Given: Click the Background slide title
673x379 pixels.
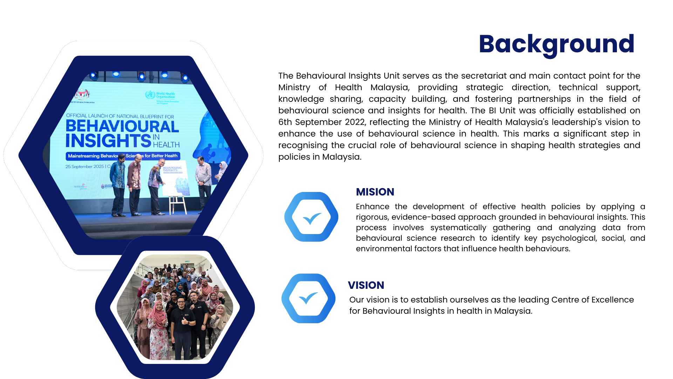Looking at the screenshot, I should click(556, 44).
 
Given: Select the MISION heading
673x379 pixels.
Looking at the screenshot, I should click(375, 192).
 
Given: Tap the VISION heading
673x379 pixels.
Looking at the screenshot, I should click(366, 285).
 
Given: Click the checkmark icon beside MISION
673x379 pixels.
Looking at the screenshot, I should click(311, 217).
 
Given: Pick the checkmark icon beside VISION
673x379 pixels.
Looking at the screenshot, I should click(308, 298).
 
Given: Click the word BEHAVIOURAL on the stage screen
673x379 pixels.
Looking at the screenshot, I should click(122, 127).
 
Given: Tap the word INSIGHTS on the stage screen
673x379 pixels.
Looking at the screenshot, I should click(108, 141).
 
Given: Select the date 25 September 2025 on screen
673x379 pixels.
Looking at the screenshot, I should click(84, 167).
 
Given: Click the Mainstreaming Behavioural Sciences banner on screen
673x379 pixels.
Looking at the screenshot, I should click(123, 156).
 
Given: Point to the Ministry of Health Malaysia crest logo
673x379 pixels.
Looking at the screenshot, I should click(82, 94).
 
